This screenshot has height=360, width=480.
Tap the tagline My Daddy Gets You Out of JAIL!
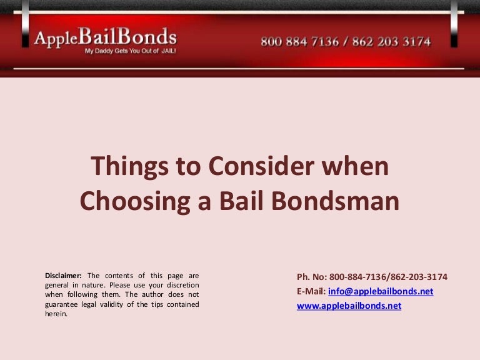click(130, 51)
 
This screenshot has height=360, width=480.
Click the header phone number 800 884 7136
click(300, 42)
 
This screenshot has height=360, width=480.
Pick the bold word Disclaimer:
click(63, 275)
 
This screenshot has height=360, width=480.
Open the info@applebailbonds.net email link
click(380, 291)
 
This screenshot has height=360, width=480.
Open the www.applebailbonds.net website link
click(349, 306)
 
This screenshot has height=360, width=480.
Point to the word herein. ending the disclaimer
click(56, 314)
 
